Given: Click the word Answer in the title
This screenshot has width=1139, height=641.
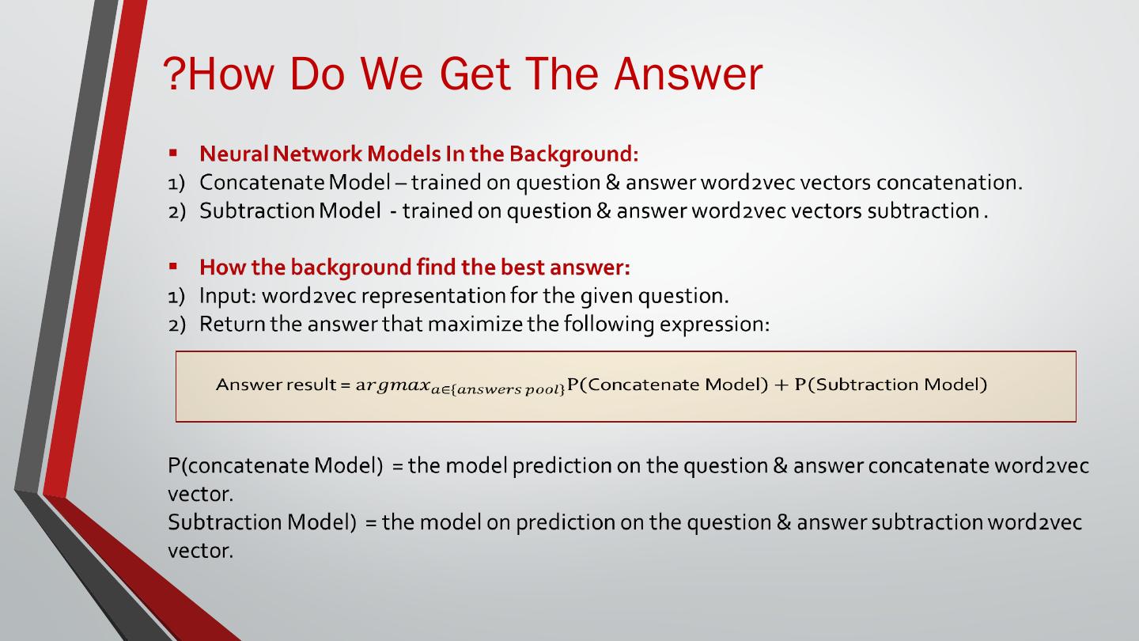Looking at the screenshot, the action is click(x=688, y=74).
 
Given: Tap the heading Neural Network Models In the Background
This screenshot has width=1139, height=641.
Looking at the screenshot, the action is click(x=419, y=154).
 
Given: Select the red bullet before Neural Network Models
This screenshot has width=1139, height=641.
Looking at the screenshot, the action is click(x=173, y=152).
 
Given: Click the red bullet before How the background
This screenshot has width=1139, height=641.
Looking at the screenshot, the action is click(x=173, y=266).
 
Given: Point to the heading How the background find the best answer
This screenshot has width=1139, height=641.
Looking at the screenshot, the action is click(x=415, y=267).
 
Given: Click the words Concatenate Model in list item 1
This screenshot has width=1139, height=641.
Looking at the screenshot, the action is click(x=295, y=182).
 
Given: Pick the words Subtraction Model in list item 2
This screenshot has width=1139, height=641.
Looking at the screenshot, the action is click(x=289, y=211).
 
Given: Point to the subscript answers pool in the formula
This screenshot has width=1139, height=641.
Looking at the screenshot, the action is click(x=498, y=390).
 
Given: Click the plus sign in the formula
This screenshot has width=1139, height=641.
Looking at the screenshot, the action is click(x=781, y=385).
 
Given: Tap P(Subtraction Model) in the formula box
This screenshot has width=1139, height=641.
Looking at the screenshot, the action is click(x=891, y=385).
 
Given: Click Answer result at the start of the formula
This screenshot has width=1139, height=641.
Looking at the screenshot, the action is click(x=276, y=385).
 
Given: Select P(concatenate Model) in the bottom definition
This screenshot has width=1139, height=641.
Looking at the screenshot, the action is click(x=275, y=466).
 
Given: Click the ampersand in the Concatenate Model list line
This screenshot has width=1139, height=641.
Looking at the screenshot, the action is click(x=613, y=182).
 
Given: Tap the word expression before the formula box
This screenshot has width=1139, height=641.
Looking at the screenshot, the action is click(x=714, y=324).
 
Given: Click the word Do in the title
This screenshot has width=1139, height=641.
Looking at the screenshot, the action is click(x=317, y=74).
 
